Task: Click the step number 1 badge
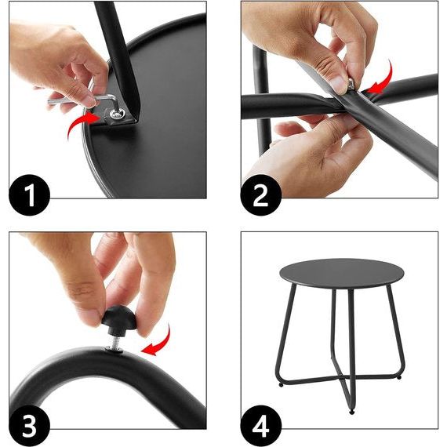click(29, 195)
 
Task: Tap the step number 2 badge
click(261, 195)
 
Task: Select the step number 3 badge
click(29, 426)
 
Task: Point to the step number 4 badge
click(261, 426)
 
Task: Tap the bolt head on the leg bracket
click(116, 114)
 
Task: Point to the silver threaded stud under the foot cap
click(114, 340)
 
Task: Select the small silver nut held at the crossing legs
click(351, 84)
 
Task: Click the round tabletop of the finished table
click(341, 273)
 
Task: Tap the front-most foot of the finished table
click(352, 412)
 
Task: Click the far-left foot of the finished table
click(282, 385)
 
